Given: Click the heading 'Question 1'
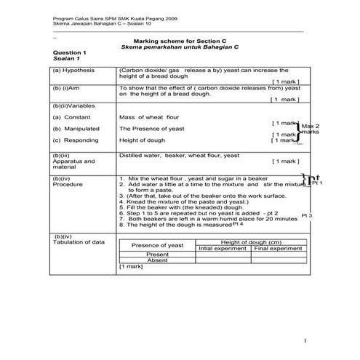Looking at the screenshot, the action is point(71,53).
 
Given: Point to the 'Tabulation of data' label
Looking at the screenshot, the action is point(79,241).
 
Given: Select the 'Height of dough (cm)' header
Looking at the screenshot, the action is point(251,242).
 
